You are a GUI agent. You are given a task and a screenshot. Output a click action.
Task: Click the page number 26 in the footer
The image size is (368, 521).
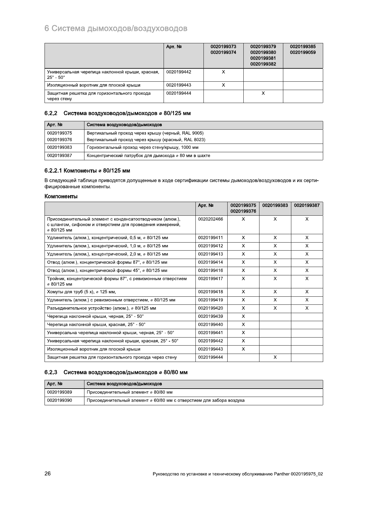pos(48,474)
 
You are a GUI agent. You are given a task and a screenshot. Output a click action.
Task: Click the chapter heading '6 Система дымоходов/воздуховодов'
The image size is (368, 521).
pos(116,28)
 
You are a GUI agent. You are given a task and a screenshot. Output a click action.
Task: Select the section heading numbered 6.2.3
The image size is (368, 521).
pos(116,372)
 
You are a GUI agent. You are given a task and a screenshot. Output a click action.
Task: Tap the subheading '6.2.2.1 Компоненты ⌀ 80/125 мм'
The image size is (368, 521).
pos(87,171)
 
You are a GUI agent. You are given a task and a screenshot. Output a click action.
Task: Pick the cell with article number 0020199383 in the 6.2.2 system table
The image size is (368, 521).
pos(59,148)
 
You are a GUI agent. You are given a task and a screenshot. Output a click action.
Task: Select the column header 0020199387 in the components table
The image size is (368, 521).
pos(307,205)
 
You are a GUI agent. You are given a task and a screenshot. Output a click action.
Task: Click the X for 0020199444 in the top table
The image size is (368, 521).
pos(263,93)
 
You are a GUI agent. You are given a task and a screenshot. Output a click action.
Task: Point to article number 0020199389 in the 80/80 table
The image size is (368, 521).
pos(59,392)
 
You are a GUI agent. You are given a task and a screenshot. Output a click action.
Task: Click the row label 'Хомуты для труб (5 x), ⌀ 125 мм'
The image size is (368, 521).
pos(81,292)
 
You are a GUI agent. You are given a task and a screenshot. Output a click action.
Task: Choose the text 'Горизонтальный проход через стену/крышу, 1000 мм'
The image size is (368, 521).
pos(143,148)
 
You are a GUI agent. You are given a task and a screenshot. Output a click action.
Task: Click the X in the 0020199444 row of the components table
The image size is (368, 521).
pos(275,357)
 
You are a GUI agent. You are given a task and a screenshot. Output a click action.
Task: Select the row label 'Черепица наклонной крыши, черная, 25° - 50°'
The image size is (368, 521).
pos(95,316)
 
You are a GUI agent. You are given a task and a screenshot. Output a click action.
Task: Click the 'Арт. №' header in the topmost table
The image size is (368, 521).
pos(174,47)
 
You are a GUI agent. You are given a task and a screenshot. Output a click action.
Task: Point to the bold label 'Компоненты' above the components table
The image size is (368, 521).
pos(61,196)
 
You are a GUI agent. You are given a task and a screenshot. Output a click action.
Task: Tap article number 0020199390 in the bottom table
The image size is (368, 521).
pos(59,400)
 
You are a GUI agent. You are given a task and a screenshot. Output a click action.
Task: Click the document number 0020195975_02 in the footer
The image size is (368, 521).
pos(306,474)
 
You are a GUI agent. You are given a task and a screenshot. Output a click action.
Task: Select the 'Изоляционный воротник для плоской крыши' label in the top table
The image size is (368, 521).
pos(93,85)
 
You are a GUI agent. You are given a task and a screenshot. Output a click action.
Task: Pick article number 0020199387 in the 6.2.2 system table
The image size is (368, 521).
pos(59,156)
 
